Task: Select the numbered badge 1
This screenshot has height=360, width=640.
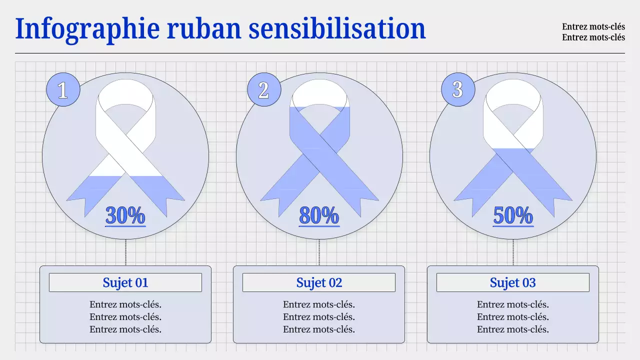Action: (63, 90)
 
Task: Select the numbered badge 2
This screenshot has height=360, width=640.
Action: (263, 90)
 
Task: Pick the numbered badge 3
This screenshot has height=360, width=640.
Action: (457, 90)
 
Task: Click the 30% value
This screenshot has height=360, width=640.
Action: (125, 215)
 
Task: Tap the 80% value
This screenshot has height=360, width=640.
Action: (319, 215)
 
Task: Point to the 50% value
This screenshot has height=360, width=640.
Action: (513, 215)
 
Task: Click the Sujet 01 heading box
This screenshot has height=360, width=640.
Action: (125, 282)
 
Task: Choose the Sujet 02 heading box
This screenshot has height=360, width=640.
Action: (319, 282)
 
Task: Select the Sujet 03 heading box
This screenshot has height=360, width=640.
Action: (513, 282)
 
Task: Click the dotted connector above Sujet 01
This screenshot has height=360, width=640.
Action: (125, 252)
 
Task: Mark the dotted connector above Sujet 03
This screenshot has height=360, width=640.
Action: (513, 252)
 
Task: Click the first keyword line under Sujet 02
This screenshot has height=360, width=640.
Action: (319, 304)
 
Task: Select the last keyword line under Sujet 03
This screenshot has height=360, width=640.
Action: (513, 329)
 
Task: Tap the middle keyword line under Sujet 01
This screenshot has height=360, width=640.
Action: (125, 317)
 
